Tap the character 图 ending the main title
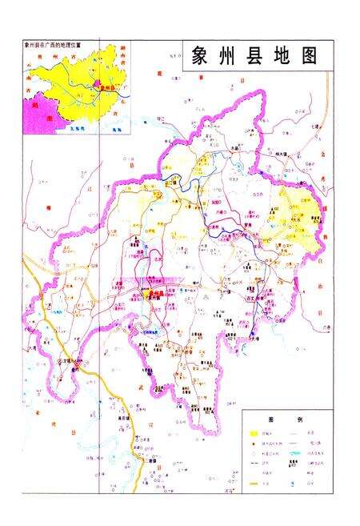[x=308, y=56]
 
